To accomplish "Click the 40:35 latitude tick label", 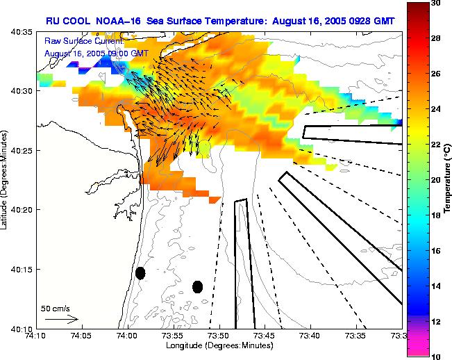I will point(23,33).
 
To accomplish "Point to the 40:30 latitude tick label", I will point(23,91).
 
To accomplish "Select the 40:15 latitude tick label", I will point(23,269).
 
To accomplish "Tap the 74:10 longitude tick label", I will point(35,335).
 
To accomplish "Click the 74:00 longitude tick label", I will point(127,335).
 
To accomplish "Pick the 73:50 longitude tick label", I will point(219,335).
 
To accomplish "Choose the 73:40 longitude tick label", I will point(310,335).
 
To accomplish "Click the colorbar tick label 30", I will point(436,3).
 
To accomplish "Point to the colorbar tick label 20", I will point(436,179).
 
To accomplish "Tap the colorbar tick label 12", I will point(436,321).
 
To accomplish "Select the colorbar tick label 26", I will point(436,74).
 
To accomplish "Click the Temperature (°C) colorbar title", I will point(449,180).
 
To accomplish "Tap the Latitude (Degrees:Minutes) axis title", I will point(6,181).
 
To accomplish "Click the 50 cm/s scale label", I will point(56,308).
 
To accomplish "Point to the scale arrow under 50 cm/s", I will point(61,319).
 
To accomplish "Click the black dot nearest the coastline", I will point(140,273).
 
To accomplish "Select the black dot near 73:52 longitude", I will point(197,286).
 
